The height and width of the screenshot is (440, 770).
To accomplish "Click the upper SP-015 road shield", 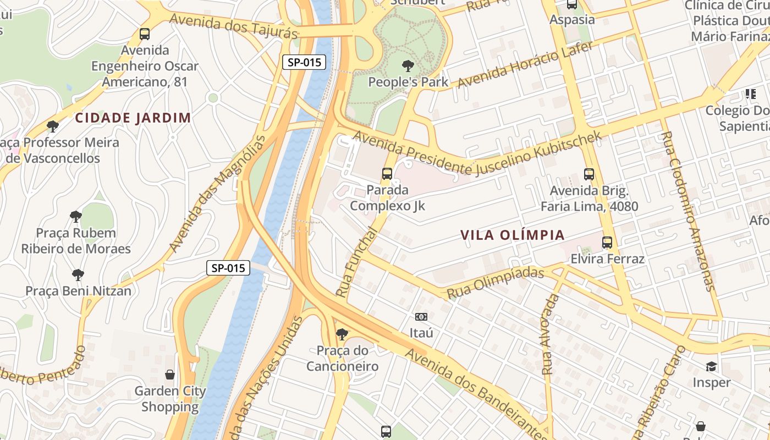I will tap(304, 62).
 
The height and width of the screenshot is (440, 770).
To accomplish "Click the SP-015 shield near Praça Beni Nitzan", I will tap(228, 268).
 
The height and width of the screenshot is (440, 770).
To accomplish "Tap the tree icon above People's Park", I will tap(408, 66).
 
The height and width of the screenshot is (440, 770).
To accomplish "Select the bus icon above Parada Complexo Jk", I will tap(387, 174).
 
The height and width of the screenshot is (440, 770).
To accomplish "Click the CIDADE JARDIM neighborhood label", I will tap(133, 118).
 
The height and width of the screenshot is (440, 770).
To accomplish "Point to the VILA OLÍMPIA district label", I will tap(513, 235).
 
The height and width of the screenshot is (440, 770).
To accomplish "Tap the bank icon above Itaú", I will tap(421, 317).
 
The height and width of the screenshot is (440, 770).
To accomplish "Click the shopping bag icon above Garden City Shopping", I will tap(170, 375).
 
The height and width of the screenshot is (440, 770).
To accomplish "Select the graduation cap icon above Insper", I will tap(712, 366).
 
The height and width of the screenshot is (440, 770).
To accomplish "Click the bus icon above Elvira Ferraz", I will tap(607, 243).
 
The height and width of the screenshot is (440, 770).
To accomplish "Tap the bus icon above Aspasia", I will tap(572, 4).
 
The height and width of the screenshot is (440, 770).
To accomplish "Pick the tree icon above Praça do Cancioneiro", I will tap(342, 334).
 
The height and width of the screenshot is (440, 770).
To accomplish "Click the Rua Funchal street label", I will tap(357, 263).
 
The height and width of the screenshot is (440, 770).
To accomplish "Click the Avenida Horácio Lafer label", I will tap(525, 64).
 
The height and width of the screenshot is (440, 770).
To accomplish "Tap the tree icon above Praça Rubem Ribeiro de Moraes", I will tap(76, 217).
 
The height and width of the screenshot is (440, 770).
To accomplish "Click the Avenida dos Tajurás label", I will tap(233, 25).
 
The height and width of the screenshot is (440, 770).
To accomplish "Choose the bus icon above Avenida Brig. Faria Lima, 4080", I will tap(589, 174).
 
